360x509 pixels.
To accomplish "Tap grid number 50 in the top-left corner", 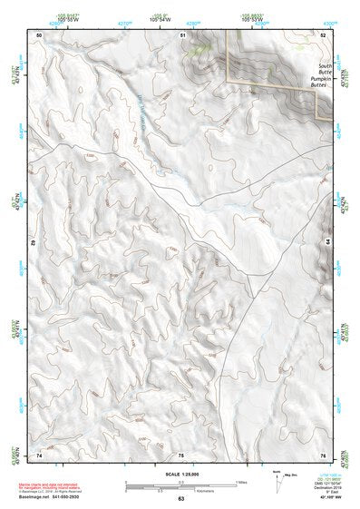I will point(40,34).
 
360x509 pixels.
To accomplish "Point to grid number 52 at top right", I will point(323,34).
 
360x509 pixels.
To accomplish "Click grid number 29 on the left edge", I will point(33,244).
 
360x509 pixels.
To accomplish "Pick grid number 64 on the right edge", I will point(326,242).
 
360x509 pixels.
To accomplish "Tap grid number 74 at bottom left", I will point(39,455).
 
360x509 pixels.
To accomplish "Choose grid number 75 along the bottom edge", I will point(181,455).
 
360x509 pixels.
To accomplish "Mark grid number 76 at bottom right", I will point(323,455).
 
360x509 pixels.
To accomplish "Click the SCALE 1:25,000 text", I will point(181,474).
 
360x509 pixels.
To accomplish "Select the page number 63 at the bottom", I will point(181,499).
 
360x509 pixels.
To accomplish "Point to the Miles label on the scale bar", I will point(240,482).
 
